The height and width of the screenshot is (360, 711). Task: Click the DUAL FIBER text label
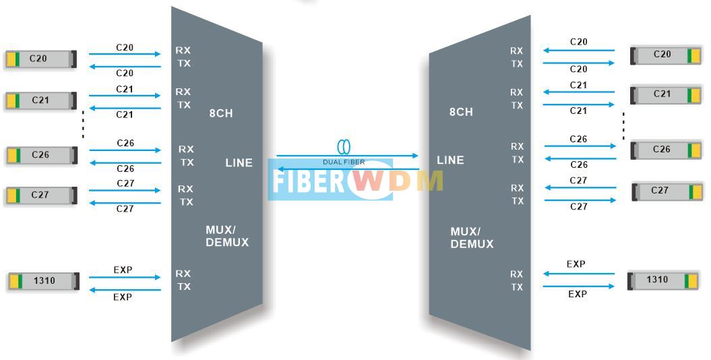(344, 162)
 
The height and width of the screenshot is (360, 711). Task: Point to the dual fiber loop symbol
(344, 147)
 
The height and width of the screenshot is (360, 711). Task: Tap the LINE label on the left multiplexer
(239, 162)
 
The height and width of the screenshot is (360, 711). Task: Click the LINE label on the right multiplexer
(450, 160)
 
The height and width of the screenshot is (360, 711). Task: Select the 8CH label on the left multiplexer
(220, 113)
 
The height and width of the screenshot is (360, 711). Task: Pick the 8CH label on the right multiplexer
(461, 112)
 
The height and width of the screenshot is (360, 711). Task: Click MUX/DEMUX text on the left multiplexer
(227, 236)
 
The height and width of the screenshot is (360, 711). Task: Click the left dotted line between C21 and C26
(83, 123)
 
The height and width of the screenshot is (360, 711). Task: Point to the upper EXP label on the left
(123, 270)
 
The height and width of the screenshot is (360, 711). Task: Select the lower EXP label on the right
(578, 294)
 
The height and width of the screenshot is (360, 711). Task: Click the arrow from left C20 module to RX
(125, 54)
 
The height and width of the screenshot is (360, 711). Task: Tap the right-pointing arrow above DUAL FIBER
(347, 156)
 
